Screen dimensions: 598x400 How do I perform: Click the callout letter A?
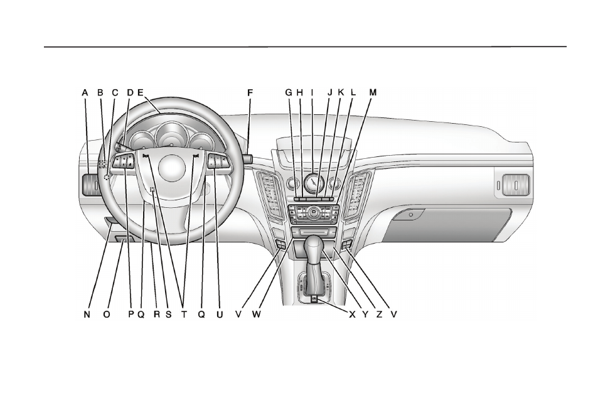85,93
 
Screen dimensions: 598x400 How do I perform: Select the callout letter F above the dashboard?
250,93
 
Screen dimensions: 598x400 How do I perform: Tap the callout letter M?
373,92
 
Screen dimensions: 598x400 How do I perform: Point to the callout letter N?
87,315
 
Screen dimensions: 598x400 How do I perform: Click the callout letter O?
107,315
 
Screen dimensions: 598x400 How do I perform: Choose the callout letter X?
352,315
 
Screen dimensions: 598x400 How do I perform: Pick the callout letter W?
256,315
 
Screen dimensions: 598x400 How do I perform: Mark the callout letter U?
220,315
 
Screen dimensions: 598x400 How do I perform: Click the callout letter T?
184,315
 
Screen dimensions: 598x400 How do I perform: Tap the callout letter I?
312,92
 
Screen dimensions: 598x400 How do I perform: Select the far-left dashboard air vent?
90,185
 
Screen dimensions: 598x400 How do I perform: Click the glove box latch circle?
411,215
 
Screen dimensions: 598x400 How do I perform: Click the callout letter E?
141,93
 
